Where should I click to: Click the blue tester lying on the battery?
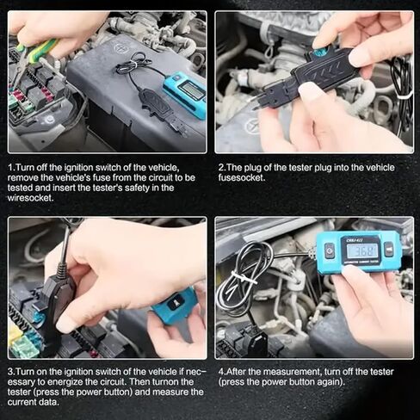coord(185,92)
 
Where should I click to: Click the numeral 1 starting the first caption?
coord(11,167)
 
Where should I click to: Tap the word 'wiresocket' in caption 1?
coord(32,198)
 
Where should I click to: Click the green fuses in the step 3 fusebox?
coord(24,344)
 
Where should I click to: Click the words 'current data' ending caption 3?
coord(36,403)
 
